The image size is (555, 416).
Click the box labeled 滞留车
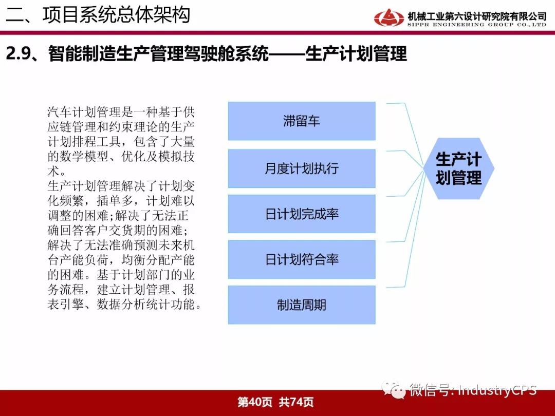tap(302, 121)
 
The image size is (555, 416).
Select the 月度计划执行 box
tap(302, 168)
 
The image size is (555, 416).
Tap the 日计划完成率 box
tap(302, 214)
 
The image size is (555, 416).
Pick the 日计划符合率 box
tap(302, 259)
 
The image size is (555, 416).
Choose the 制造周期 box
tap(302, 305)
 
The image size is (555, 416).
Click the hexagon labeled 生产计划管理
tap(459, 168)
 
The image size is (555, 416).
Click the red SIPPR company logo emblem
tap(388, 17)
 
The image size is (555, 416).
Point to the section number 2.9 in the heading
tap(18, 54)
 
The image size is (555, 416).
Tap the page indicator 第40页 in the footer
tap(255, 402)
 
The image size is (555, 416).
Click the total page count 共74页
tap(296, 402)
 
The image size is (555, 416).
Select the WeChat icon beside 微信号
tap(394, 390)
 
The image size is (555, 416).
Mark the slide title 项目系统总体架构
tap(117, 15)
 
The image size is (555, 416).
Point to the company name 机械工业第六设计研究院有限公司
tap(477, 16)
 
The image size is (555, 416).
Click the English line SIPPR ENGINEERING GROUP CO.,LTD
tap(477, 25)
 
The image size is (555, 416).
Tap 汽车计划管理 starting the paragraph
tap(84, 112)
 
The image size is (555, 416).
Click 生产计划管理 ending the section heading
tap(356, 54)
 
